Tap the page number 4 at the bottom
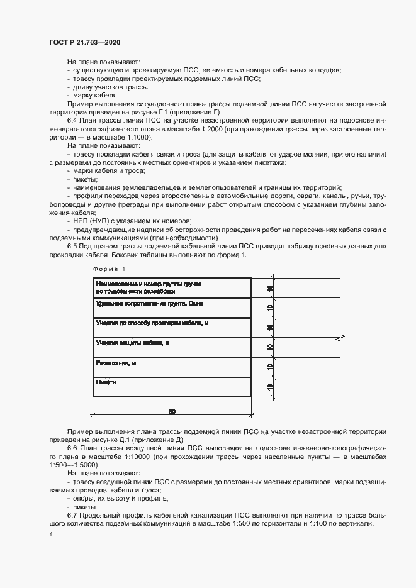[x=50, y=535]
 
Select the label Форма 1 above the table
[x=110, y=269]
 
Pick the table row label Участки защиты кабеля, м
[x=133, y=343]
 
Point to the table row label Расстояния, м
[x=116, y=363]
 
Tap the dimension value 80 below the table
[x=172, y=412]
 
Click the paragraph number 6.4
[x=73, y=119]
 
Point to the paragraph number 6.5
[x=73, y=246]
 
